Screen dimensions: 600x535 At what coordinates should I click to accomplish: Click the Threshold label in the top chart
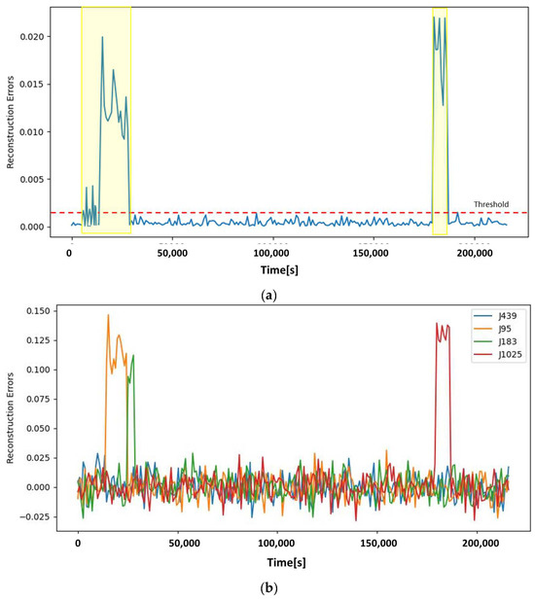pyautogui.click(x=492, y=204)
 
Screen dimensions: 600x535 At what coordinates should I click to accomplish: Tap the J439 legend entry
pyautogui.click(x=498, y=315)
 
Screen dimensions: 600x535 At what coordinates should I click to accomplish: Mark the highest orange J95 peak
pyautogui.click(x=108, y=315)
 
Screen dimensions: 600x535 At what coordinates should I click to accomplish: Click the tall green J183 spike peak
pyautogui.click(x=133, y=356)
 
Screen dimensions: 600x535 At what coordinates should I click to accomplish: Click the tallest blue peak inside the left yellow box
pyautogui.click(x=102, y=38)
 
